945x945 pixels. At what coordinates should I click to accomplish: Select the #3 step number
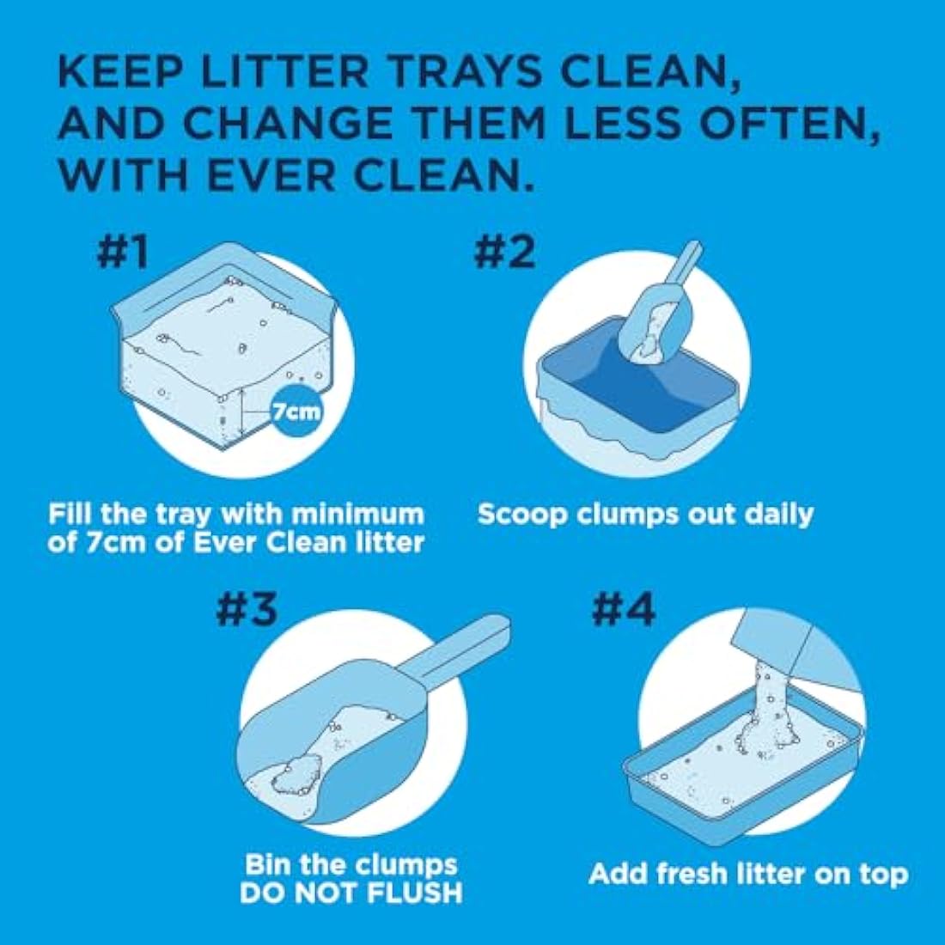tap(246, 608)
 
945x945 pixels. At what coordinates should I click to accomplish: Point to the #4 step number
tap(623, 608)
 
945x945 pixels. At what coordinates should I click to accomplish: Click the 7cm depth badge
tap(296, 411)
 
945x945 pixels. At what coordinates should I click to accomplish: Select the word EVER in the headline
tap(320, 175)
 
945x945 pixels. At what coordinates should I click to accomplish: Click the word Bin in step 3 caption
tap(270, 863)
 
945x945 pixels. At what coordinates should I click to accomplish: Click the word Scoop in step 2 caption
tap(522, 515)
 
